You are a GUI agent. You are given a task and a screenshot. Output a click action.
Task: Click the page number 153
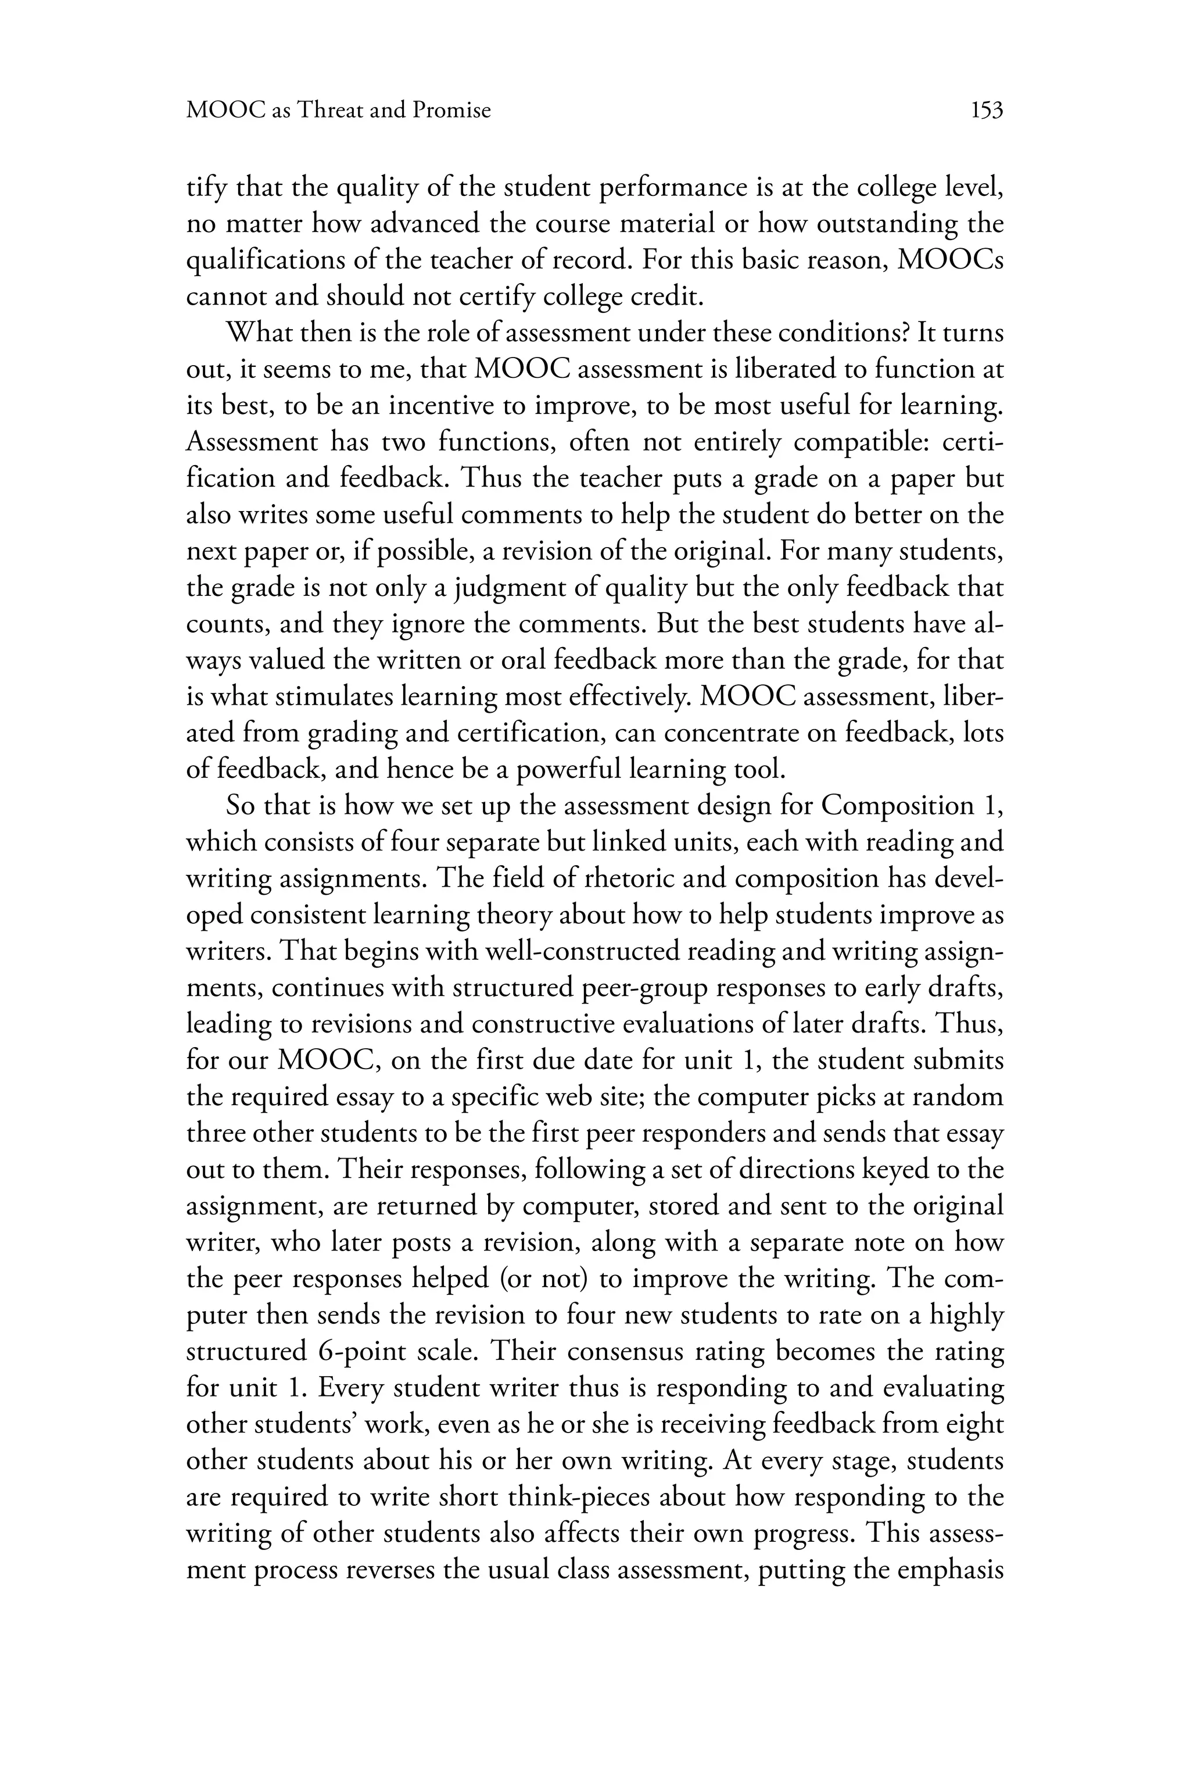coord(987,111)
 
